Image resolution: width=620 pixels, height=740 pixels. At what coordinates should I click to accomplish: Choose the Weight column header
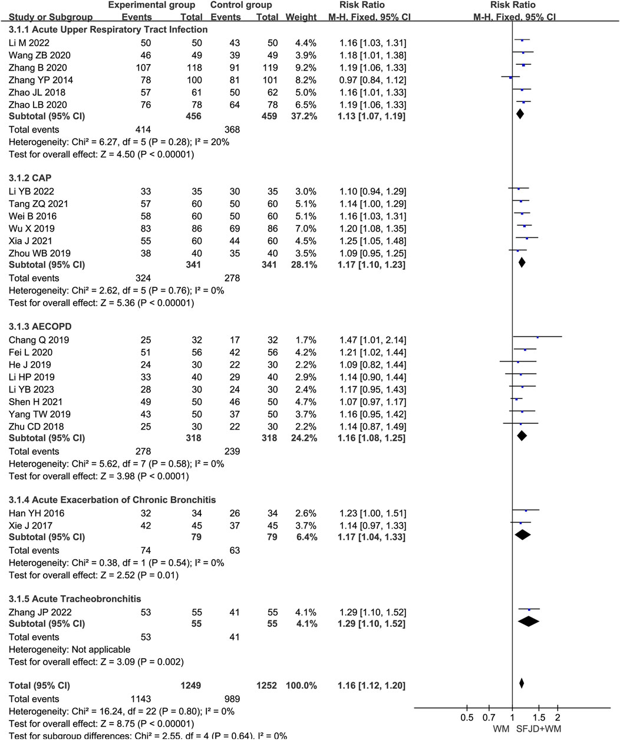click(301, 17)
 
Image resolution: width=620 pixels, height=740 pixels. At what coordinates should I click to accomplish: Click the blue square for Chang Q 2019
click(537, 337)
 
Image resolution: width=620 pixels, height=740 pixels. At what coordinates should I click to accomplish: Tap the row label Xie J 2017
click(30, 526)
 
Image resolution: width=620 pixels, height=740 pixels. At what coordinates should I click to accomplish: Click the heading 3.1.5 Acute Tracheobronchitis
click(74, 599)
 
